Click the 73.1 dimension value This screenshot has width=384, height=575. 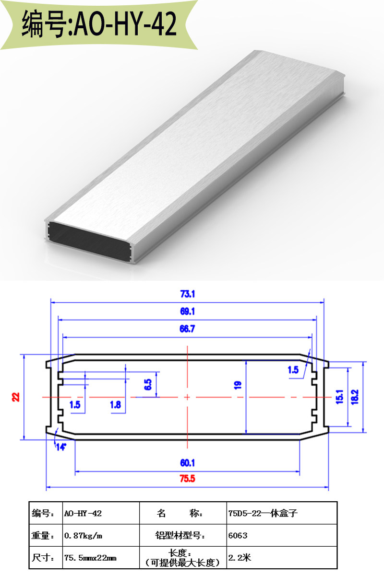(188, 294)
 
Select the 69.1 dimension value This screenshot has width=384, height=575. (188, 311)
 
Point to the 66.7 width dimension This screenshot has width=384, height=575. (187, 329)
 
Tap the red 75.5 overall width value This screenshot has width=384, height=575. (188, 479)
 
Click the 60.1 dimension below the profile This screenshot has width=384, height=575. (188, 463)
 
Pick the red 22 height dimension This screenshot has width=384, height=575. (16, 397)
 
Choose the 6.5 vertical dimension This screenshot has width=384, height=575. (148, 384)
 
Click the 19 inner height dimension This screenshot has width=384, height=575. (238, 385)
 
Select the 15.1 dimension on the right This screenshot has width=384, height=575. (340, 397)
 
